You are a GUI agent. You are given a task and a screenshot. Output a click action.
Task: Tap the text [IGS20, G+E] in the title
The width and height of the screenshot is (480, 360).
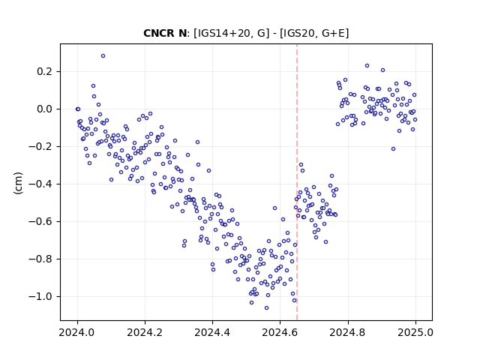tap(314, 33)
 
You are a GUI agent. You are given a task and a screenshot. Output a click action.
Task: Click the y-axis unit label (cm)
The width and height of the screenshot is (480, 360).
tap(18, 183)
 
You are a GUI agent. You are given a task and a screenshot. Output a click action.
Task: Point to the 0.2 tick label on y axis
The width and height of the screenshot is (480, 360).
tap(45, 72)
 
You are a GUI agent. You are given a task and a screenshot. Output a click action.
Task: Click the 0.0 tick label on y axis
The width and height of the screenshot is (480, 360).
tap(45, 109)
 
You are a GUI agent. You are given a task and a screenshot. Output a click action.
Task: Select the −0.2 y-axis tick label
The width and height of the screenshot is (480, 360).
tap(40, 147)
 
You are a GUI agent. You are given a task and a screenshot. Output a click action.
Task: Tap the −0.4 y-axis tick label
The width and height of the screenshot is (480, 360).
tap(40, 184)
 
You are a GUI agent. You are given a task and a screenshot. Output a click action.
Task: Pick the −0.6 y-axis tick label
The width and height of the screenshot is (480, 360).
tap(40, 221)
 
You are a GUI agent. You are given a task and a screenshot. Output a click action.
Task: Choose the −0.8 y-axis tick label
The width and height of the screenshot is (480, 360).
tap(40, 259)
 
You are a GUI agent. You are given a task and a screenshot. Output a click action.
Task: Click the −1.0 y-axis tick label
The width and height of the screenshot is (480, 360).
tap(40, 296)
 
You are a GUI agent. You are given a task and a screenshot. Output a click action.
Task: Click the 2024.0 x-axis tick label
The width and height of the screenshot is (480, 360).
tap(77, 332)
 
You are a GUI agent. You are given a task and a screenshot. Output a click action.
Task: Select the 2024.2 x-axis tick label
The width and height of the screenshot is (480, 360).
tap(145, 332)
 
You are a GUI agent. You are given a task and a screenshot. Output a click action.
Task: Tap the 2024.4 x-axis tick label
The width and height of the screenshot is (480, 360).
tap(212, 332)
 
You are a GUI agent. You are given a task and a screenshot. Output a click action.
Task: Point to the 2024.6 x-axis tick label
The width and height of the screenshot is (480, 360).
tap(280, 332)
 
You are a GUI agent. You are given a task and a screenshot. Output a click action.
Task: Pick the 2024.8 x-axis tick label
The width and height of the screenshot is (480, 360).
tap(348, 332)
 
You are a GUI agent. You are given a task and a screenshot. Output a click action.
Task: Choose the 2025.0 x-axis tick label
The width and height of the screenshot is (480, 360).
tap(415, 332)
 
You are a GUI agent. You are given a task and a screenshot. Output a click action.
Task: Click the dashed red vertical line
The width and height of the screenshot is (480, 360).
tap(297, 182)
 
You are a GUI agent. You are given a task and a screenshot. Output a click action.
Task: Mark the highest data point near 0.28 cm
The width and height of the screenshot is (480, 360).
tap(103, 55)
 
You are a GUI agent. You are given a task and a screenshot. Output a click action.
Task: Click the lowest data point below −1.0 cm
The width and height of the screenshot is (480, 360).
tap(267, 307)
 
